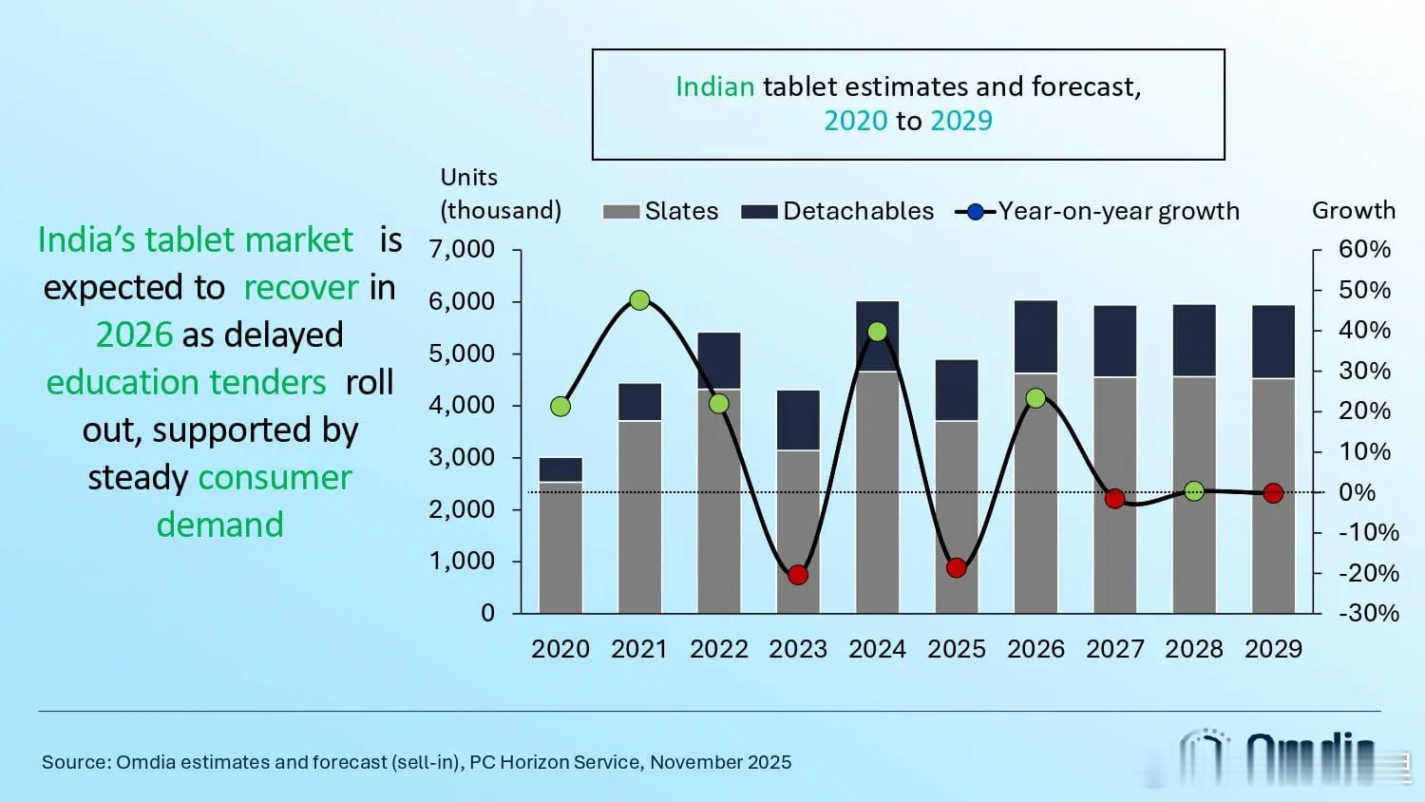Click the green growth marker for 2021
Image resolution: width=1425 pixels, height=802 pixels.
pos(639,300)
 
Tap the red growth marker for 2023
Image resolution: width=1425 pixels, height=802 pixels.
pos(798,575)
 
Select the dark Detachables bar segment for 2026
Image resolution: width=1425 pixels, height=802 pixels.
pos(1035,337)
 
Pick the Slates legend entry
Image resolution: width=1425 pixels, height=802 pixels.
pos(661,211)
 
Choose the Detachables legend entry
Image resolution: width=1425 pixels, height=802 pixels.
pos(838,211)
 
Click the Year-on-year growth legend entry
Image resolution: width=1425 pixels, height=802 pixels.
pos(1098,211)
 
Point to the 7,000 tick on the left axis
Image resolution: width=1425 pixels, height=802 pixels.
pos(462,250)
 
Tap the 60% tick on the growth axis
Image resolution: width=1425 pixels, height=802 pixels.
pos(1364,250)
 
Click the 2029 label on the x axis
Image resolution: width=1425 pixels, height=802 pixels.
pos(1273,649)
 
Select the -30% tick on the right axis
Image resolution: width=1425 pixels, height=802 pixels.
pos(1368,613)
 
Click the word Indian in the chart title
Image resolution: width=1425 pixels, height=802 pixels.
pos(714,86)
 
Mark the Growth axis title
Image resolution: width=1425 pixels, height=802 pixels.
pos(1353,210)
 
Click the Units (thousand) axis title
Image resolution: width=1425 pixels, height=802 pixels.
pos(501,194)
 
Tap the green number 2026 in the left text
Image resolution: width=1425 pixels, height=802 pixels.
pos(134,335)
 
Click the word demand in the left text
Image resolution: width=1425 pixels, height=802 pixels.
pos(219,525)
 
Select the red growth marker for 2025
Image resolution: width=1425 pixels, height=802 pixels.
pos(957,568)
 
